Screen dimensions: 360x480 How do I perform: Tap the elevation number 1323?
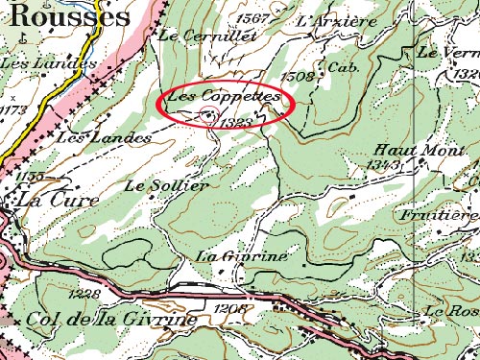coord(234,122)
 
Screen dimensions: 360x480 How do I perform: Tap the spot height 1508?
coord(296,74)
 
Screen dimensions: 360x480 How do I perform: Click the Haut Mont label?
coord(405,150)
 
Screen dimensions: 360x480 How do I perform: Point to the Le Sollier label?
coord(165,184)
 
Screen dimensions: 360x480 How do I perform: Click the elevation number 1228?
coord(86,293)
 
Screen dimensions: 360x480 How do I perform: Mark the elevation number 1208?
coord(232,308)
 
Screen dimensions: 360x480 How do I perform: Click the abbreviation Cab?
coord(340,67)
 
